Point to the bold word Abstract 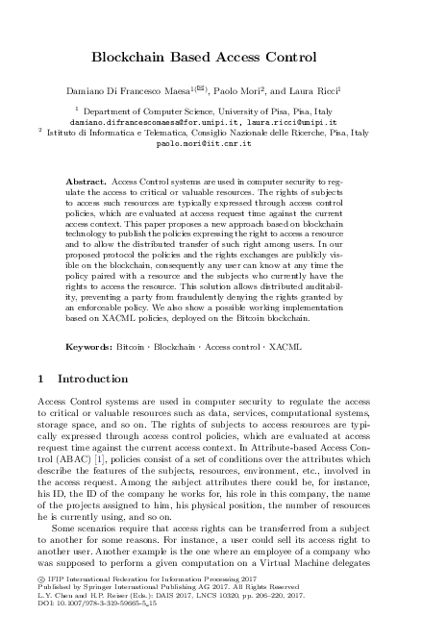85,181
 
